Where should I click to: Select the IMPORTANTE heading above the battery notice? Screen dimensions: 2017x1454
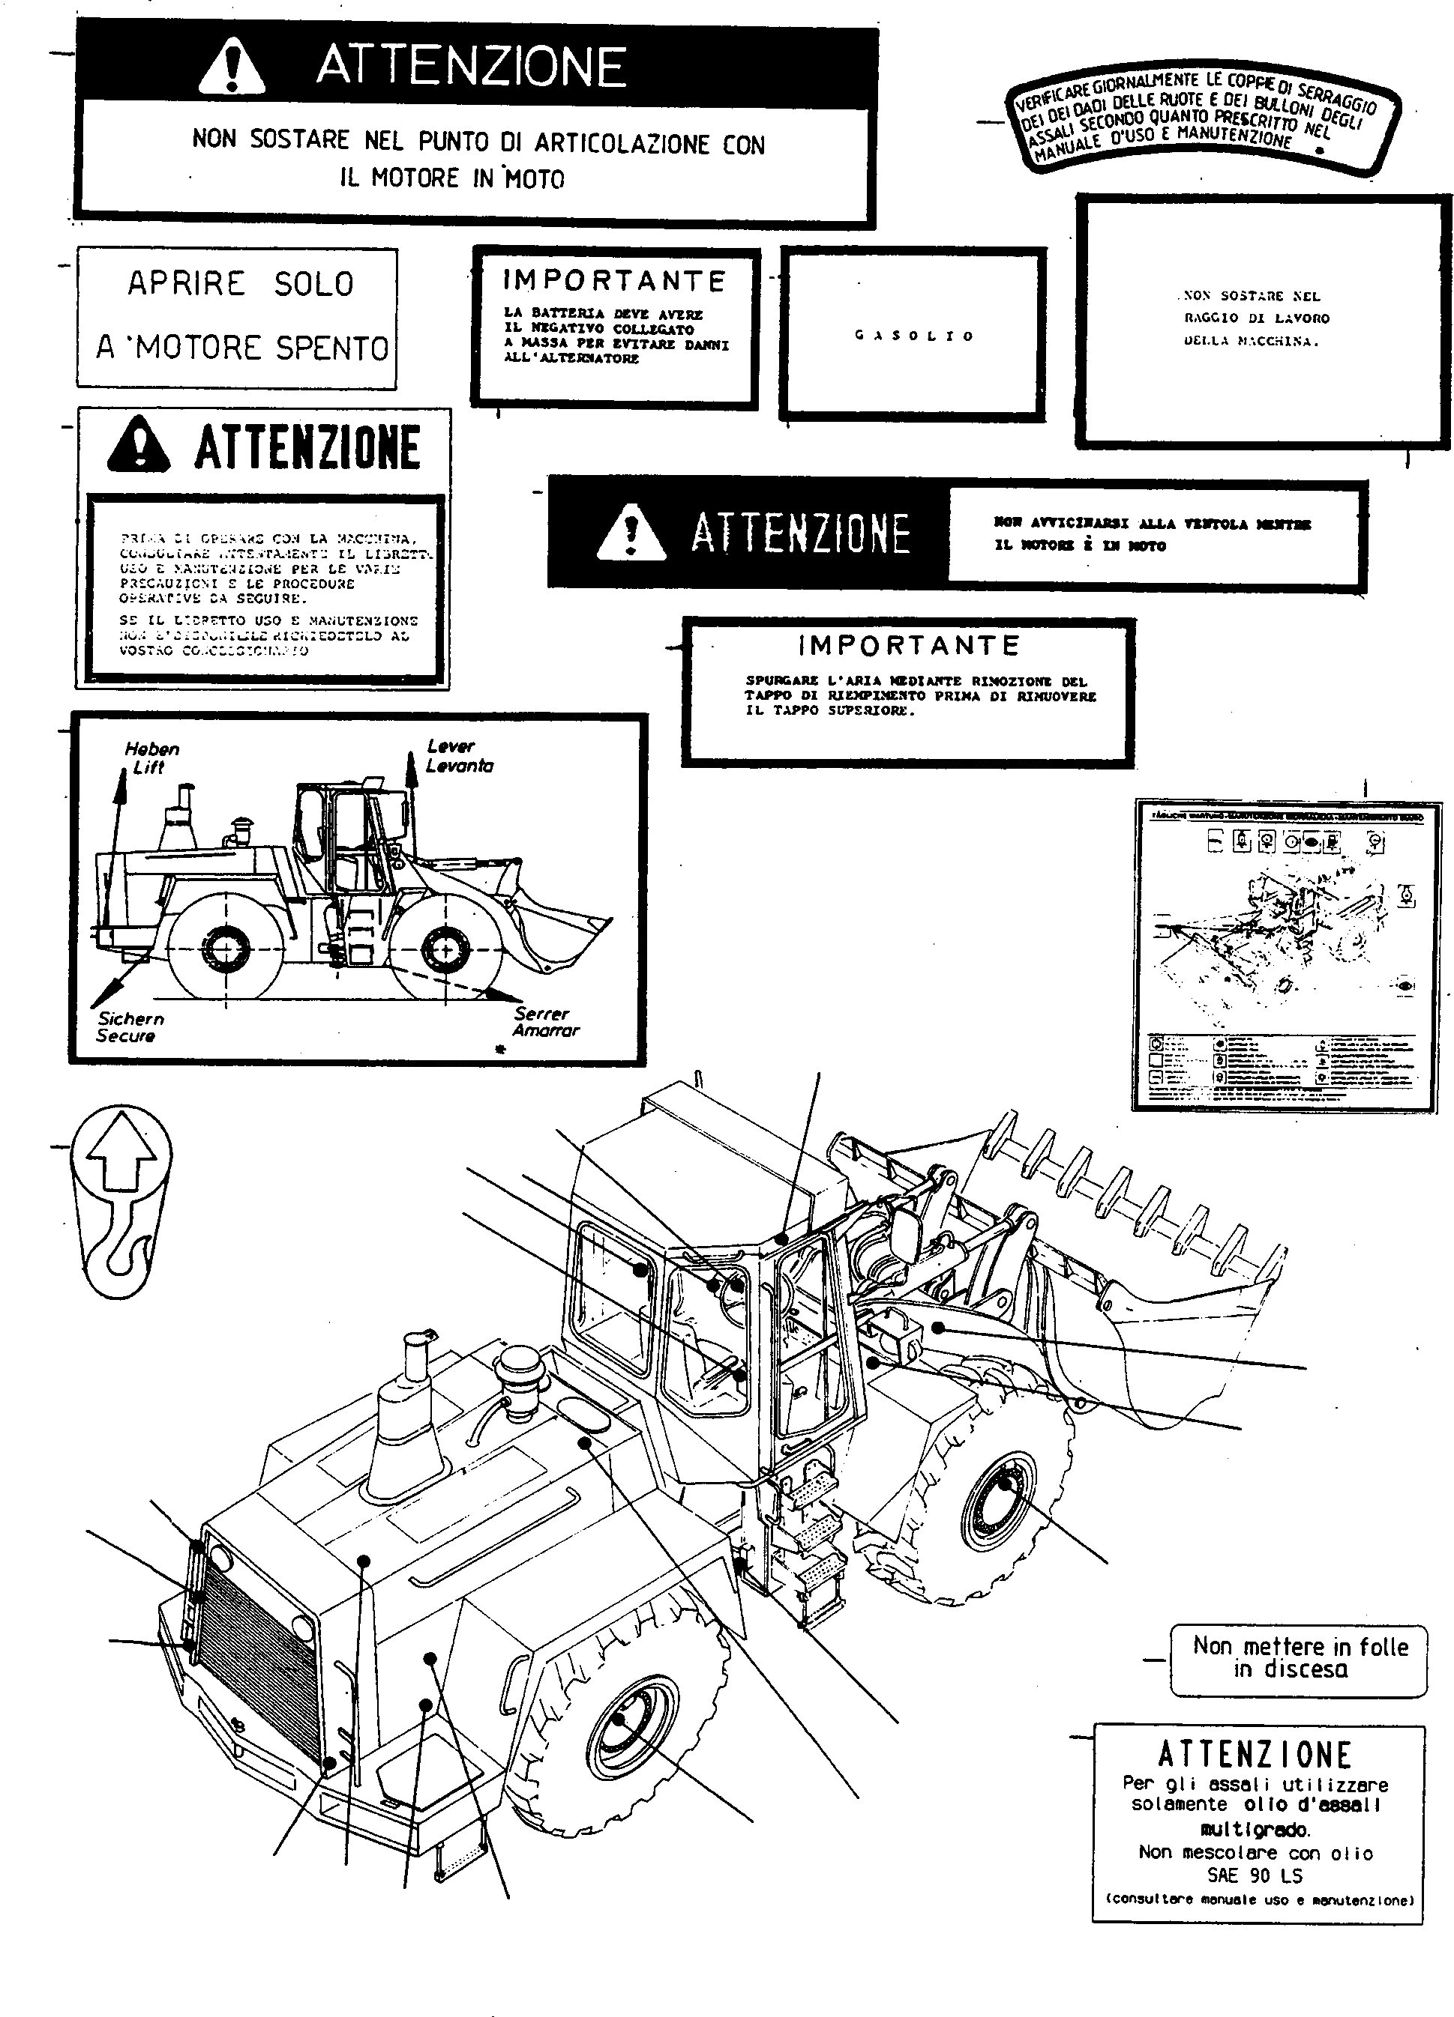(614, 281)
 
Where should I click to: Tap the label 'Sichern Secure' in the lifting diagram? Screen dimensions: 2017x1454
(130, 1027)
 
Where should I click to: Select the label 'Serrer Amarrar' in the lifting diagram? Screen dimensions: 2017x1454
(544, 1022)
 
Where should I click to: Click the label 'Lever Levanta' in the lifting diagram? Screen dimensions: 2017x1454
(458, 756)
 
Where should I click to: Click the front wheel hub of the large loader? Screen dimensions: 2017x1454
(1002, 1502)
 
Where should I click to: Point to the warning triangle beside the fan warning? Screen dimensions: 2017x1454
(631, 532)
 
